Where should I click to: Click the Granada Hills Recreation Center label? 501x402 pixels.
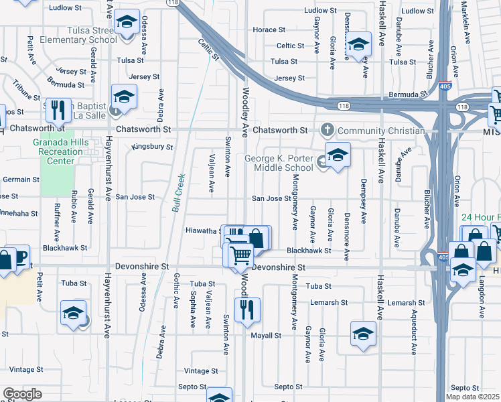[x=60, y=151]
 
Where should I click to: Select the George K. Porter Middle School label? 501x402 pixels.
[x=279, y=163]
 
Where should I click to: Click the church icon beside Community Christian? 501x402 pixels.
[x=328, y=129]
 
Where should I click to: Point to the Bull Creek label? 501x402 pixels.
[x=177, y=194]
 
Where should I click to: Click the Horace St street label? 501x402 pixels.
[x=269, y=30]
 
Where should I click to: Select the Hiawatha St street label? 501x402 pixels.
[x=204, y=230]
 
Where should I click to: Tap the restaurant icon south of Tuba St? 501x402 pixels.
[x=249, y=309]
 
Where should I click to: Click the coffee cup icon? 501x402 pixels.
[x=19, y=257]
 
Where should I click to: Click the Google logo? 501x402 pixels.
[x=22, y=394]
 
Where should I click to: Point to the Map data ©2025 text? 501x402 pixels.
[x=472, y=397]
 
